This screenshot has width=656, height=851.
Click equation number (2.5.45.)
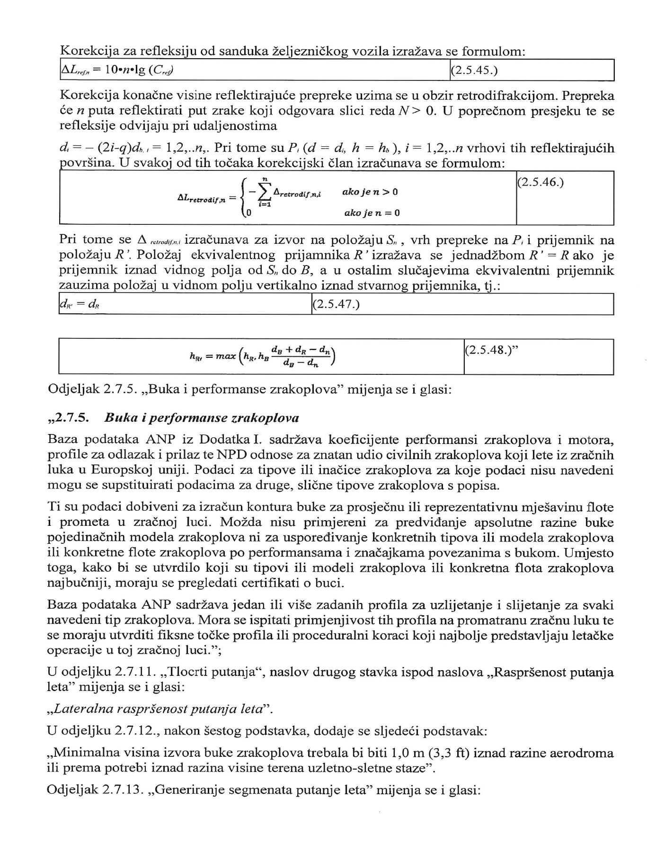(x=474, y=71)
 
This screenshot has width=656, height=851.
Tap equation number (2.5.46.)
(x=541, y=183)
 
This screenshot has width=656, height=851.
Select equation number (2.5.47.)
(x=337, y=304)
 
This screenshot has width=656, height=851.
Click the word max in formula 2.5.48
(x=226, y=355)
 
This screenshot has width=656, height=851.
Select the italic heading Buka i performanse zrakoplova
(x=202, y=418)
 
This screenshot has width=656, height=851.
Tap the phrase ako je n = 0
(x=372, y=213)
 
